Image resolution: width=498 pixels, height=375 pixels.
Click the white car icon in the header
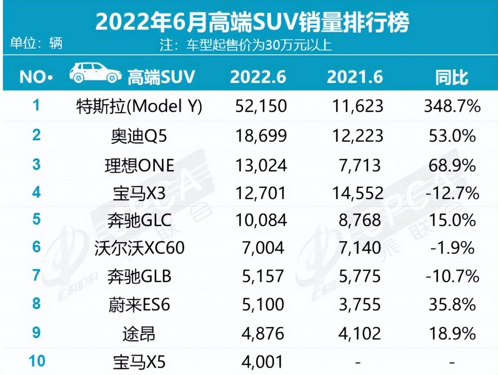click(x=95, y=72)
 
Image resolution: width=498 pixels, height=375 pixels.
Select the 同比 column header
click(x=452, y=77)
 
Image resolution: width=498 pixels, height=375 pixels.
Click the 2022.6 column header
click(x=258, y=77)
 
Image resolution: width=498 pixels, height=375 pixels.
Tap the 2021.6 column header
click(x=355, y=77)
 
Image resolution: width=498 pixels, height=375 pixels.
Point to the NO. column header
click(x=36, y=77)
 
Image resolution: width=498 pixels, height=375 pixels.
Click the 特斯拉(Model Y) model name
click(x=139, y=107)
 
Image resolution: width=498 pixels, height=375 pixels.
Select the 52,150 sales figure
click(x=261, y=106)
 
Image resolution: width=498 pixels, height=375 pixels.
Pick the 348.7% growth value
click(x=452, y=106)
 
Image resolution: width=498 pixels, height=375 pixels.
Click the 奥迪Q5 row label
click(x=139, y=136)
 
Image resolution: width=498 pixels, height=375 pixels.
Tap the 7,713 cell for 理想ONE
click(x=359, y=165)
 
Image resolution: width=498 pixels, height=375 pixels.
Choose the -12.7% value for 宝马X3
click(x=452, y=193)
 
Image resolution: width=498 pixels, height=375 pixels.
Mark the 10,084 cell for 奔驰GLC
click(x=261, y=220)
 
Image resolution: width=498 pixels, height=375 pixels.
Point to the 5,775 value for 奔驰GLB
click(x=359, y=276)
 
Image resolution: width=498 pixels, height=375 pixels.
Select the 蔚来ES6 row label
click(x=139, y=305)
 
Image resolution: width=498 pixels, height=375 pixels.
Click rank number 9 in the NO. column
click(x=36, y=333)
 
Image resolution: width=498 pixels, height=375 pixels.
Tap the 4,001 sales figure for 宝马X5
click(x=263, y=362)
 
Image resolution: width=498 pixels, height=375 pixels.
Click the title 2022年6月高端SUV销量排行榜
click(x=252, y=22)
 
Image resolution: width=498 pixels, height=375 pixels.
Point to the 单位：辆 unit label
click(x=36, y=44)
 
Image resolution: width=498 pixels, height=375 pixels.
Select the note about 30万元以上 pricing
click(x=246, y=45)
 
